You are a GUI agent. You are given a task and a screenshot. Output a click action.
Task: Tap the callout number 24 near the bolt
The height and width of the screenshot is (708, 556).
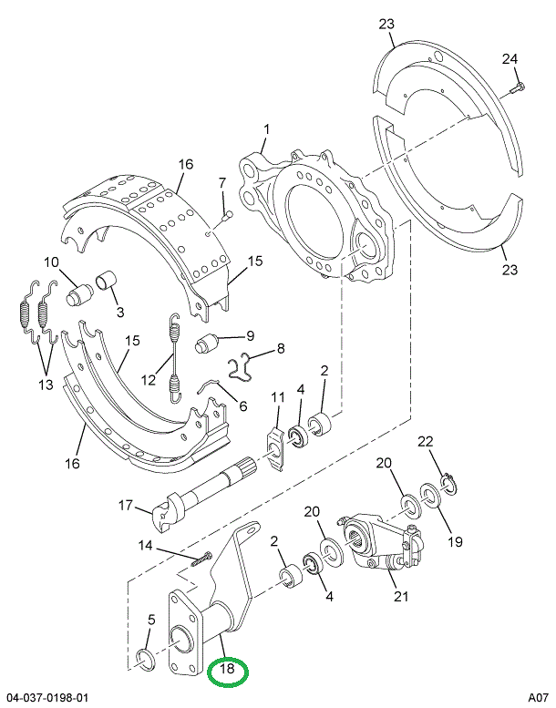click(x=510, y=59)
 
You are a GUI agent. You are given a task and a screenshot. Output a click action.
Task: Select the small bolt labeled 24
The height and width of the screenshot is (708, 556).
click(x=518, y=89)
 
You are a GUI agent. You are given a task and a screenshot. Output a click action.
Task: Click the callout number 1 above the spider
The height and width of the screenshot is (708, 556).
click(x=266, y=129)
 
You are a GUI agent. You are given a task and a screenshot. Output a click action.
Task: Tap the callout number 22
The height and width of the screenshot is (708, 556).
click(x=424, y=442)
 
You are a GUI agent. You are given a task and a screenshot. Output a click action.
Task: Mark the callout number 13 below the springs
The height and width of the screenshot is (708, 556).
click(x=44, y=384)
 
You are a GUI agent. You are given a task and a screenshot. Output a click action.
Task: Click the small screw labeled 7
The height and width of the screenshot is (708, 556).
click(x=228, y=214)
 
